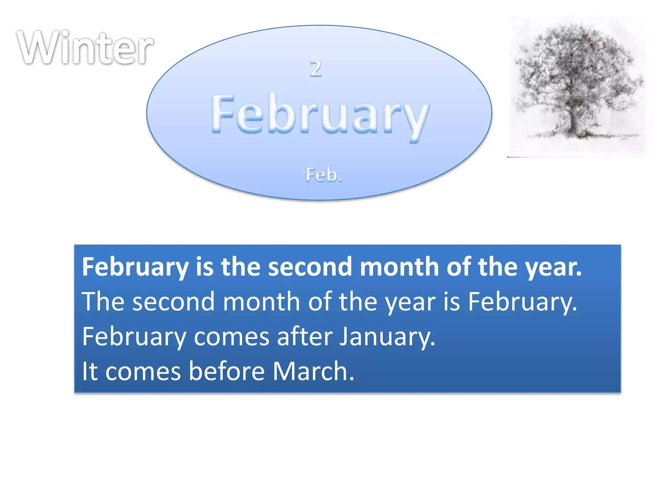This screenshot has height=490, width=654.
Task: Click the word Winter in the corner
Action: pos(85,48)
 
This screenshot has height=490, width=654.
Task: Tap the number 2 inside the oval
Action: pos(316,69)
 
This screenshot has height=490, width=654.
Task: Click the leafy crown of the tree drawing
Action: pos(575,64)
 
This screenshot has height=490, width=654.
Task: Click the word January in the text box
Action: pos(387,337)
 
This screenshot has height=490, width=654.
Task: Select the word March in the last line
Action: pos(314,371)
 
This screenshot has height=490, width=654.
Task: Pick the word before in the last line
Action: pos(227,371)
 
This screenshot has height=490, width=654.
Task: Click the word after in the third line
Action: pos(305,337)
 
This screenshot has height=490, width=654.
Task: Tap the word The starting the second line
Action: pos(103,301)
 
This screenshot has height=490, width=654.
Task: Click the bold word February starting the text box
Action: pos(135,267)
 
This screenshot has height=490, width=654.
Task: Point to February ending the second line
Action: pos(522,302)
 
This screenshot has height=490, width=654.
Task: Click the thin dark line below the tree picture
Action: pos(519,157)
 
